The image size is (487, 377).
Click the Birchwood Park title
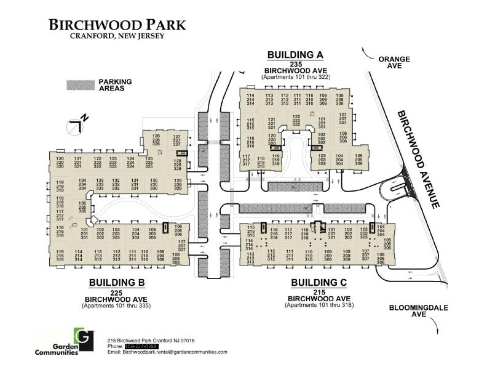117,25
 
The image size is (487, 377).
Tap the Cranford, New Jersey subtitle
117,36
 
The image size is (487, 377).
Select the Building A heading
295,55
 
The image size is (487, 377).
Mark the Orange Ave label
394,63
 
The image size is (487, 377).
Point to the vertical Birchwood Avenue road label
418,159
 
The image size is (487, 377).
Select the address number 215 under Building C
319,292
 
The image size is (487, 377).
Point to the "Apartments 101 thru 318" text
319,305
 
